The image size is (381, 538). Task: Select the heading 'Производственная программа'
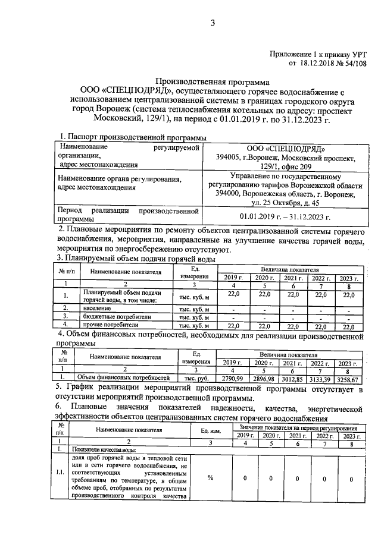[213, 81]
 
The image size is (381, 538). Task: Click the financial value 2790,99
[232, 379]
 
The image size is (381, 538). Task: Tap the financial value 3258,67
[349, 379]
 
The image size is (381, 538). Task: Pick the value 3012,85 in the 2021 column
[292, 379]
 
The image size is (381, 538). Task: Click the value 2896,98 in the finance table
[262, 379]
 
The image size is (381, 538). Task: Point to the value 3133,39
[321, 379]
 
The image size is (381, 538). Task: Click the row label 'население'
[97, 309]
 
